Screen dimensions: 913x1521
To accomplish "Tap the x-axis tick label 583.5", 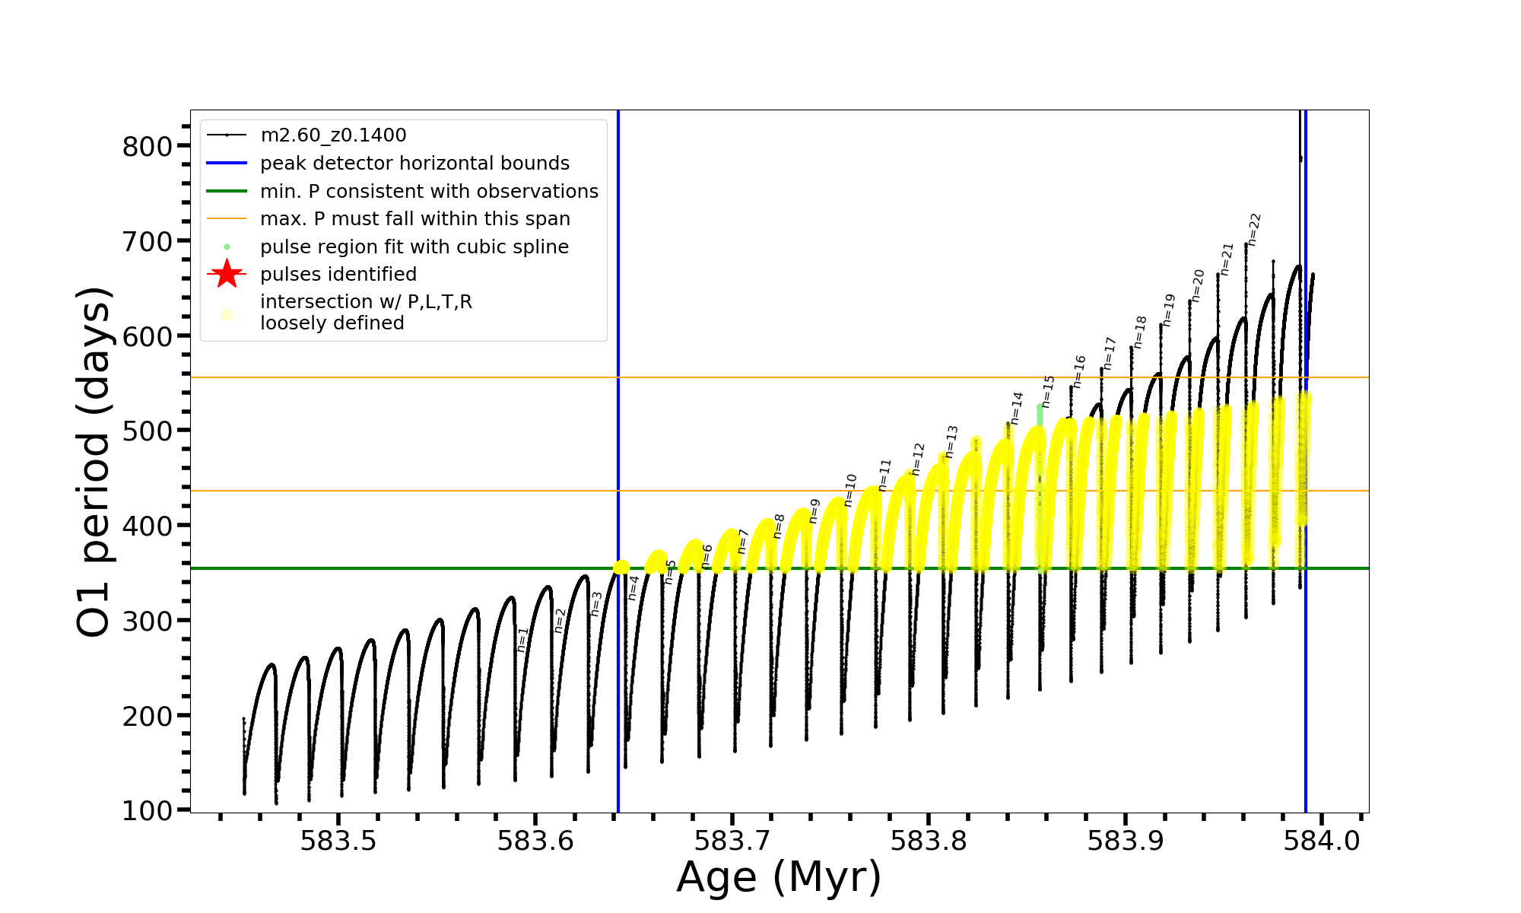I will pyautogui.click(x=338, y=841).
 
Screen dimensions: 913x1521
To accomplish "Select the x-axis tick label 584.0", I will pyautogui.click(x=1322, y=841).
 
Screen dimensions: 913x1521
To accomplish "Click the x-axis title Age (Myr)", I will pyautogui.click(x=779, y=877).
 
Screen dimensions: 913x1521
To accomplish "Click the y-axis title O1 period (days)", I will pyautogui.click(x=94, y=462).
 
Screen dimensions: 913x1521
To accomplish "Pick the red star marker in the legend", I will pyautogui.click(x=227, y=274).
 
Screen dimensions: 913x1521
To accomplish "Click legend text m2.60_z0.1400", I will pyautogui.click(x=333, y=135).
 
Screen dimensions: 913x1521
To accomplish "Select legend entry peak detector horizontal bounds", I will pyautogui.click(x=414, y=164).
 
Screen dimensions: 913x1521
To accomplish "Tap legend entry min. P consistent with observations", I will pyautogui.click(x=429, y=191).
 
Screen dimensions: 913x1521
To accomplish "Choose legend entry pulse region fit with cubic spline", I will pyautogui.click(x=414, y=247).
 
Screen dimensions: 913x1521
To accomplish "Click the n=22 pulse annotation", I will pyautogui.click(x=1254, y=229).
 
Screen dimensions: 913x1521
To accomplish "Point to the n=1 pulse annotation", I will pyautogui.click(x=522, y=639).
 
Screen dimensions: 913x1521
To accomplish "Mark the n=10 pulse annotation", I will pyautogui.click(x=850, y=490).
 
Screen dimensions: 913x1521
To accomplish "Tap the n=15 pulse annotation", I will pyautogui.click(x=1049, y=391).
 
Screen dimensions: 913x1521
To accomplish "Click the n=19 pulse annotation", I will pyautogui.click(x=1169, y=310).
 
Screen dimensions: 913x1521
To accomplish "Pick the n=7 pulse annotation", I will pyautogui.click(x=743, y=541).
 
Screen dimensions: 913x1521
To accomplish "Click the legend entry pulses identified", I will pyautogui.click(x=338, y=275).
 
